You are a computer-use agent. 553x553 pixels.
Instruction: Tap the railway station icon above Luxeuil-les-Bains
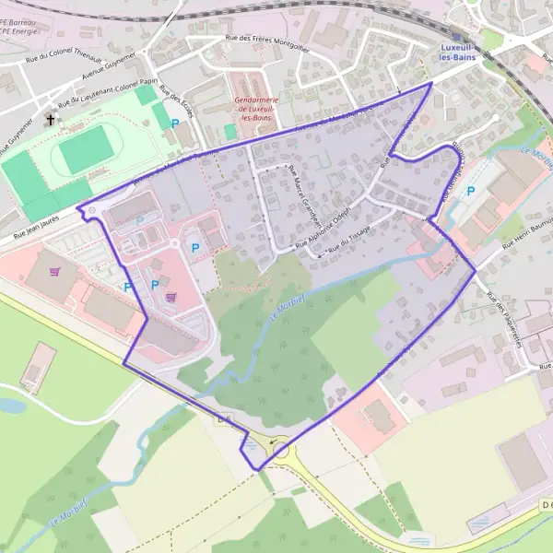coord(454,37)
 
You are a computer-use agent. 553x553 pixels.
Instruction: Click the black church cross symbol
coord(48,120)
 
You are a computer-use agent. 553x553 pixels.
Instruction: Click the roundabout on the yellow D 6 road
coord(280,451)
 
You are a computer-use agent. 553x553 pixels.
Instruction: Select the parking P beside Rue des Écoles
coord(175,123)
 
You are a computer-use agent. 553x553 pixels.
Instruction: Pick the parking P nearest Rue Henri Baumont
coord(471,192)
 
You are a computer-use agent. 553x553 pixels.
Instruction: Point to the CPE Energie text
coord(17,30)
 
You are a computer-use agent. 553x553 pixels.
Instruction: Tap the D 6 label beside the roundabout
coord(222,419)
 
